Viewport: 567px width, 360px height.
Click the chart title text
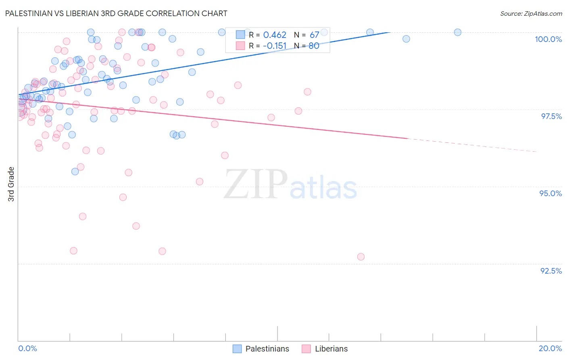pyautogui.click(x=116, y=13)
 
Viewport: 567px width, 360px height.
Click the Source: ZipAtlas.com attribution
pyautogui.click(x=531, y=13)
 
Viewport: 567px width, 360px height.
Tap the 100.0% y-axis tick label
pyautogui.click(x=548, y=39)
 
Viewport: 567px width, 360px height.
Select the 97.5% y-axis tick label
pyautogui.click(x=551, y=116)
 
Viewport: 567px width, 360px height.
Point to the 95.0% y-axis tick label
pyautogui.click(x=550, y=193)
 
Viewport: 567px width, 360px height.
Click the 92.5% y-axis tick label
pyautogui.click(x=551, y=271)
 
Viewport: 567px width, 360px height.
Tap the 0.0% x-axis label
pyautogui.click(x=27, y=348)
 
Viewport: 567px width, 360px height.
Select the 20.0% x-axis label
pyautogui.click(x=550, y=348)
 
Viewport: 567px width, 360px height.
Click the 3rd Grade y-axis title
pyautogui.click(x=11, y=184)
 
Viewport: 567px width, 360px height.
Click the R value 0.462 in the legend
pyautogui.click(x=275, y=35)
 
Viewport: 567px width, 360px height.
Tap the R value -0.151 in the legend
pyautogui.click(x=274, y=46)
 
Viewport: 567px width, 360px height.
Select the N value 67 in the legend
pyautogui.click(x=315, y=35)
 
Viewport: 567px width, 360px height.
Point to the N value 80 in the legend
pyautogui.click(x=314, y=46)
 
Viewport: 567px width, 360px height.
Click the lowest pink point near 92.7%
pyautogui.click(x=361, y=257)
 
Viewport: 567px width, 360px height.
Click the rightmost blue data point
pyautogui.click(x=458, y=32)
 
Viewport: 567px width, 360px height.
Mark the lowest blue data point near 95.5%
pyautogui.click(x=75, y=172)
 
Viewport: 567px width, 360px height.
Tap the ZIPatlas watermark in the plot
pyautogui.click(x=290, y=185)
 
